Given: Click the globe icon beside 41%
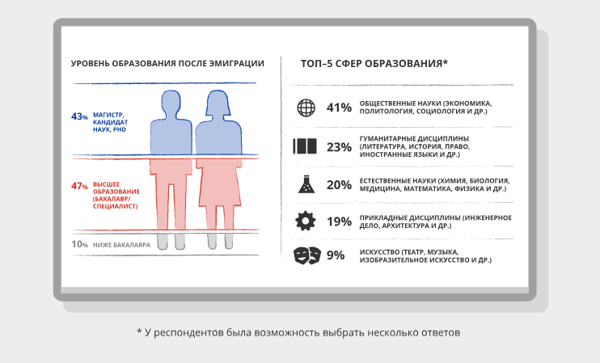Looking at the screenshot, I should [306, 108].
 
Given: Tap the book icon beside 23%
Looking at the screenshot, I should [306, 147].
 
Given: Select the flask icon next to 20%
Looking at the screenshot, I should [306, 184].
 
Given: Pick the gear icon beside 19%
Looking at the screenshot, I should [306, 221].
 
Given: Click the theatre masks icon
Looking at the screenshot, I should [306, 255].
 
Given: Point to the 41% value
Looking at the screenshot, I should [339, 108].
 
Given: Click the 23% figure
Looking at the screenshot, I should [339, 147].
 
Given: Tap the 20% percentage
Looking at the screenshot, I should [339, 184].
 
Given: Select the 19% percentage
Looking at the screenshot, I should [339, 222].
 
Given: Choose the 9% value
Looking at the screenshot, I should [336, 256].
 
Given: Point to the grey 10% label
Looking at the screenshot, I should [78, 244].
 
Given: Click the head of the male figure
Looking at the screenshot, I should [171, 103].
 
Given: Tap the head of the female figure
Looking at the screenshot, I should [218, 103].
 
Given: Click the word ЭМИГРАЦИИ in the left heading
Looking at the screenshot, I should [235, 63].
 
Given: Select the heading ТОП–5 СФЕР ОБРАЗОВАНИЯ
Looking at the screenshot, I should [374, 63].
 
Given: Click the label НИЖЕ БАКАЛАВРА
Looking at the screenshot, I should [122, 244].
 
